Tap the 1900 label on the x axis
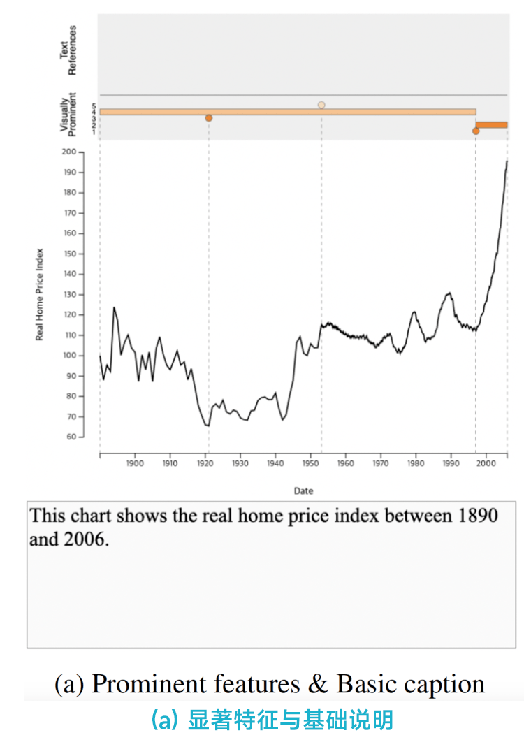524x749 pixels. [135, 463]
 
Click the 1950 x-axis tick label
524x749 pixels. [310, 463]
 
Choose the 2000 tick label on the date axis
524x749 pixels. [486, 463]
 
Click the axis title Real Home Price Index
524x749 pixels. [40, 295]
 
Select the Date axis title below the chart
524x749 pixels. [303, 491]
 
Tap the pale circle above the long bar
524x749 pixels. [321, 105]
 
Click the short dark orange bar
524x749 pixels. [492, 124]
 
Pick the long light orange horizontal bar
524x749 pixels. [287, 112]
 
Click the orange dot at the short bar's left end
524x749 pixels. [476, 131]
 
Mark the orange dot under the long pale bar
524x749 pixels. [208, 118]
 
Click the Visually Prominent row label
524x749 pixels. [68, 113]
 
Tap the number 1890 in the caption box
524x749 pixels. [477, 516]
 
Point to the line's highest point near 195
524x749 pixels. [507, 161]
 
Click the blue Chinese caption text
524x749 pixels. [272, 720]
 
